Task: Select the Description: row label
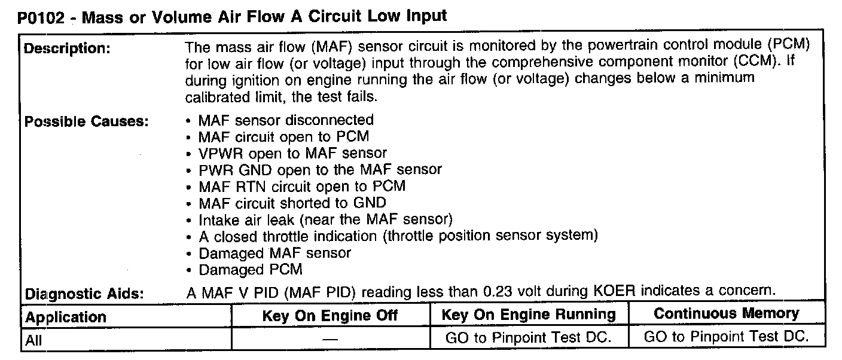[66, 49]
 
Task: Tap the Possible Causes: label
[86, 122]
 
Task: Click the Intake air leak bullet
[326, 219]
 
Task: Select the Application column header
[66, 317]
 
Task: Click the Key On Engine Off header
[330, 316]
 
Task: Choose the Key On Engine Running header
[529, 315]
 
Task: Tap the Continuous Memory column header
[726, 313]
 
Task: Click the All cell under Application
[34, 341]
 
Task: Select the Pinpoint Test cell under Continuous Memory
[726, 337]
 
